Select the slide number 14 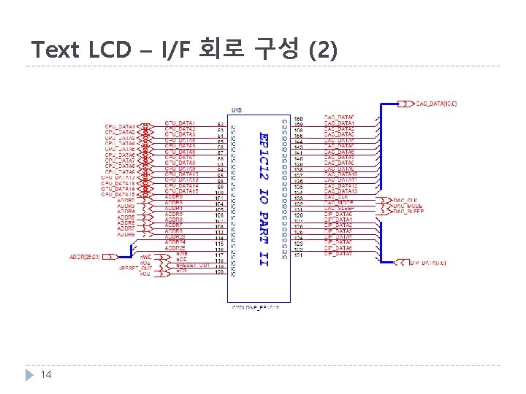[x=46, y=374]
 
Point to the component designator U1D [x=237, y=109]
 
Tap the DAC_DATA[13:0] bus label [x=436, y=104]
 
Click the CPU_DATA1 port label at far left [x=120, y=125]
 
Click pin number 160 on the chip [x=298, y=118]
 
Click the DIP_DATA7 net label [x=339, y=255]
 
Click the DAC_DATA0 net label [x=339, y=118]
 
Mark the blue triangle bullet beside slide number [x=30, y=374]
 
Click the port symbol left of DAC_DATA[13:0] [x=404, y=104]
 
